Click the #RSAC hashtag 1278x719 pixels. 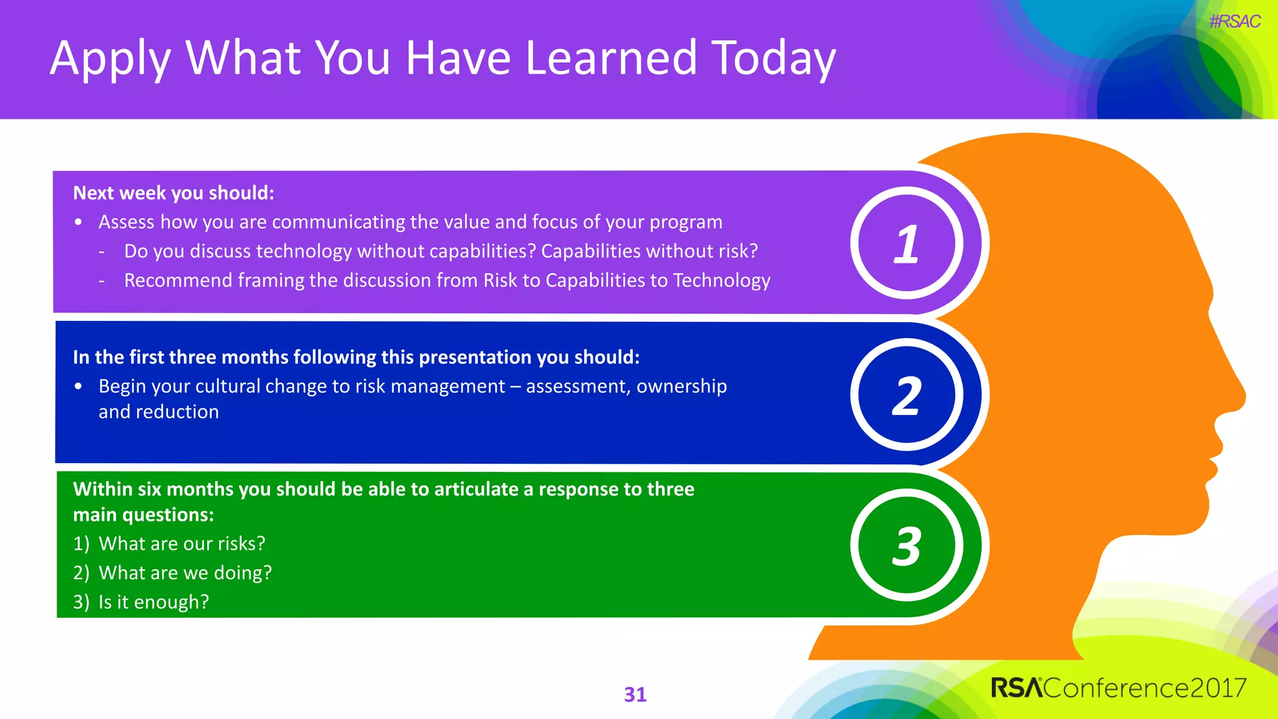(x=1234, y=22)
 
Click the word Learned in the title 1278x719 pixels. (x=610, y=57)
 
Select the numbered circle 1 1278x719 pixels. (x=906, y=243)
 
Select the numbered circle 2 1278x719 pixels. (x=906, y=395)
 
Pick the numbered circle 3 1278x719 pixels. (x=906, y=545)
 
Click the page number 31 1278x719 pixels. (x=635, y=694)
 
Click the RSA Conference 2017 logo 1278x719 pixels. (x=1118, y=688)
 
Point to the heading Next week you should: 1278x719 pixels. (x=173, y=193)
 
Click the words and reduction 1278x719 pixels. (x=159, y=412)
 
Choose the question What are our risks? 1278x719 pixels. (x=182, y=544)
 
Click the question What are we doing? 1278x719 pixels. (x=185, y=573)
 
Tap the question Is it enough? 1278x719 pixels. (x=154, y=602)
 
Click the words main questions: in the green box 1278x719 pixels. (x=144, y=515)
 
